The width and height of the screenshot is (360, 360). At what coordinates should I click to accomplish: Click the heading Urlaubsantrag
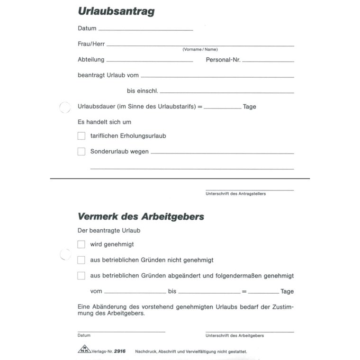(x=116, y=11)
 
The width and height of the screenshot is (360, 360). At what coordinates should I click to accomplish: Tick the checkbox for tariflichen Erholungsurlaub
(x=81, y=136)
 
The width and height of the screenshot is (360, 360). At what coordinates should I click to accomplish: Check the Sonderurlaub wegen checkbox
(x=81, y=152)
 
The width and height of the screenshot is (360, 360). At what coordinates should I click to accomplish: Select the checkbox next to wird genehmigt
(x=81, y=244)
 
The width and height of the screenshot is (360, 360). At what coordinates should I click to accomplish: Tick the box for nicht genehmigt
(x=81, y=260)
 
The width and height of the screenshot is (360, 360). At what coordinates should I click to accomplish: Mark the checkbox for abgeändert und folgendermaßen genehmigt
(x=81, y=276)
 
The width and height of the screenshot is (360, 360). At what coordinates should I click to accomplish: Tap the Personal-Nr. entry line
(x=268, y=61)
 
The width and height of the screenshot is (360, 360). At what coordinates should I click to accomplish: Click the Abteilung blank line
(x=150, y=61)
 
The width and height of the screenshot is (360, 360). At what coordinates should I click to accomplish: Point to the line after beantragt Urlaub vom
(x=217, y=76)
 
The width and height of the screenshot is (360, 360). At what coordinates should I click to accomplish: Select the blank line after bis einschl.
(x=226, y=91)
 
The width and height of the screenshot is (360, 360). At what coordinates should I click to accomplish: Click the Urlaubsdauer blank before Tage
(x=222, y=108)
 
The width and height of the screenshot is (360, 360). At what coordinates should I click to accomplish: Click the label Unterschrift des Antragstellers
(x=235, y=194)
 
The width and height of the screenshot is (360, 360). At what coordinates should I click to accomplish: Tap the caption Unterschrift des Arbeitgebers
(x=234, y=335)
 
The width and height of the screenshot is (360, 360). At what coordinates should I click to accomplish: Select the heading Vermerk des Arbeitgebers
(x=141, y=217)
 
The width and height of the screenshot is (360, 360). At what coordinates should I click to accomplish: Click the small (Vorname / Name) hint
(x=200, y=49)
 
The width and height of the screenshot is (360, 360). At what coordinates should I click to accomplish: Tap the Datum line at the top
(x=145, y=29)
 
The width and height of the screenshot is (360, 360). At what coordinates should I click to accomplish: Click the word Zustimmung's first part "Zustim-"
(x=282, y=307)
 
